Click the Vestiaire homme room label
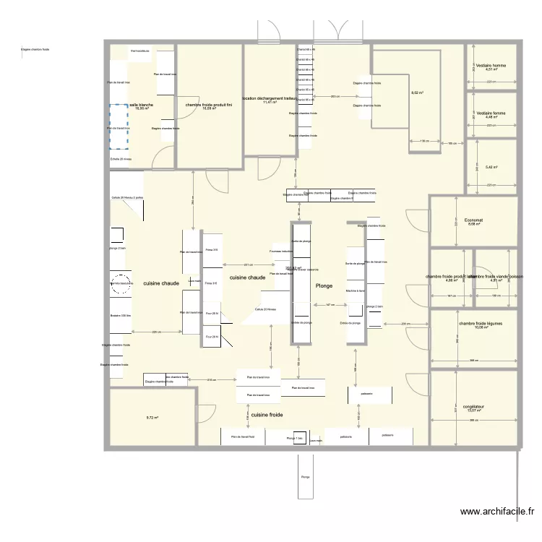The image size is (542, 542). point(491,65)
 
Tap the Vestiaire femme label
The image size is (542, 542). point(491,113)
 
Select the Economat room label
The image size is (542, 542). point(474,220)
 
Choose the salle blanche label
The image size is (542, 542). point(141,104)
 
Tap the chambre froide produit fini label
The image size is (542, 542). point(209,105)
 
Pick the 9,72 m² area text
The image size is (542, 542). point(152,417)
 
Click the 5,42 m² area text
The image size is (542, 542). point(491,167)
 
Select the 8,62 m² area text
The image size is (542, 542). point(417,93)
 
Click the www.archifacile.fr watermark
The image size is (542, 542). point(497,512)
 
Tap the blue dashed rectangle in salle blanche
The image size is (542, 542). point(119,127)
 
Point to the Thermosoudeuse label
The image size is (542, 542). point(140,51)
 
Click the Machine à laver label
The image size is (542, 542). point(355,291)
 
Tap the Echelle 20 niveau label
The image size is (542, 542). point(121,158)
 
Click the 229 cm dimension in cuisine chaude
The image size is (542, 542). point(155,332)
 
